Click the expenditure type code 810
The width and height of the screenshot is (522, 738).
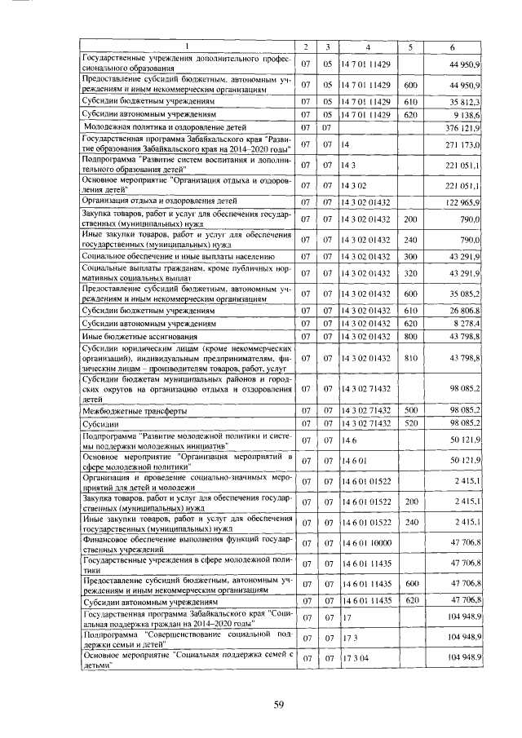tap(411, 358)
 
